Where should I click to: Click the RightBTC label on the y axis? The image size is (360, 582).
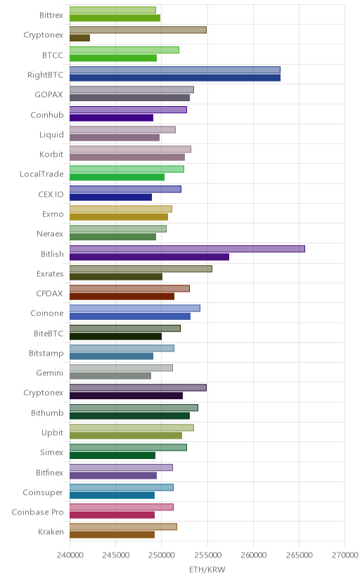tap(45, 75)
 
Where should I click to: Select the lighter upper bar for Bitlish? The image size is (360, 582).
tap(187, 249)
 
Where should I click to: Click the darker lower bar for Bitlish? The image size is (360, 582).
tap(149, 257)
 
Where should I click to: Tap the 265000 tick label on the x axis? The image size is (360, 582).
tap(299, 555)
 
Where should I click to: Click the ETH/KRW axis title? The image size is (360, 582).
tap(207, 570)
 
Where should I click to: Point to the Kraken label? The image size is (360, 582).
tap(51, 532)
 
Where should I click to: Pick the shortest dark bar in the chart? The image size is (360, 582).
tap(79, 38)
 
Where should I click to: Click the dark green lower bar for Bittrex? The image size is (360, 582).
tap(115, 18)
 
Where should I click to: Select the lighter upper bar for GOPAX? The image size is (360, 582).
tap(131, 89)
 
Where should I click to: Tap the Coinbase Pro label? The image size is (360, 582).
tap(37, 512)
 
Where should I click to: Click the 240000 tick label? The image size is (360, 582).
tap(70, 555)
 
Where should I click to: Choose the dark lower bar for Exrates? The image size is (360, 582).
tap(116, 277)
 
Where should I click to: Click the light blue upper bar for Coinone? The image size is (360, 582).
tap(135, 308)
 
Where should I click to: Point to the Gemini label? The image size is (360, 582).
tap(50, 373)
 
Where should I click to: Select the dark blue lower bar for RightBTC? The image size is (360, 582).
tap(175, 78)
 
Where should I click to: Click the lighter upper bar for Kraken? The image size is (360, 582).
tap(123, 526)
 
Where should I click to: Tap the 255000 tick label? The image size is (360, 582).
tap(207, 555)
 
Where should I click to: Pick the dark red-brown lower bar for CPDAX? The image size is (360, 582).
tap(122, 297)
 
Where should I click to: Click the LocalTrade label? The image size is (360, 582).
tap(41, 174)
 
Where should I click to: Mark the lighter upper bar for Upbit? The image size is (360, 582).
tap(131, 427)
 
